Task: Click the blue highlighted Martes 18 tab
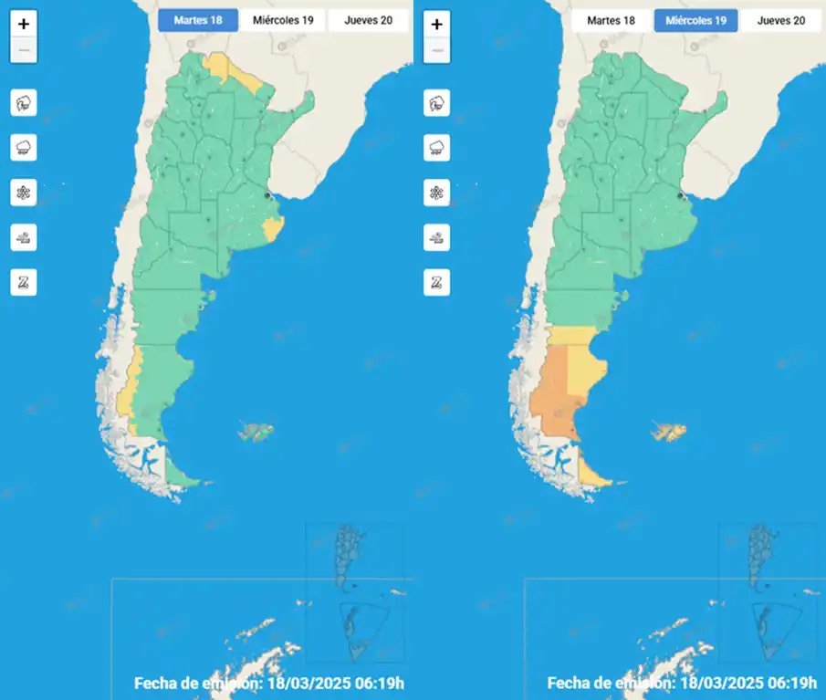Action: coord(198,20)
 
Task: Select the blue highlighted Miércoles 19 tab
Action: coord(695,20)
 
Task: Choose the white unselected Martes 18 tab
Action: coord(611,20)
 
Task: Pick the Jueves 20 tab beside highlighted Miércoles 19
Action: coord(781,20)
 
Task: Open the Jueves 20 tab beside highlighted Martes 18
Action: coord(368,20)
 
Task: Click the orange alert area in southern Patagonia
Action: coord(552,402)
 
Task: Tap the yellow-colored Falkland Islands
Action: coord(671,432)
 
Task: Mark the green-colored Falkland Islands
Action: coord(256,432)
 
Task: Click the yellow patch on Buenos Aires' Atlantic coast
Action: coord(271,227)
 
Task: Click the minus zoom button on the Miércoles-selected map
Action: coord(437,51)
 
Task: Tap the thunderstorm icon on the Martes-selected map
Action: coord(24,103)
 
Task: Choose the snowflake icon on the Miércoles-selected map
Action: coord(437,193)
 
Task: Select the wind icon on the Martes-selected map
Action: coord(24,237)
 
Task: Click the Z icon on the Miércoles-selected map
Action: coord(437,282)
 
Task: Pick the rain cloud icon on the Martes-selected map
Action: coord(24,148)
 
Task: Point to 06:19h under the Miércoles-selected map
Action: coord(792,683)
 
